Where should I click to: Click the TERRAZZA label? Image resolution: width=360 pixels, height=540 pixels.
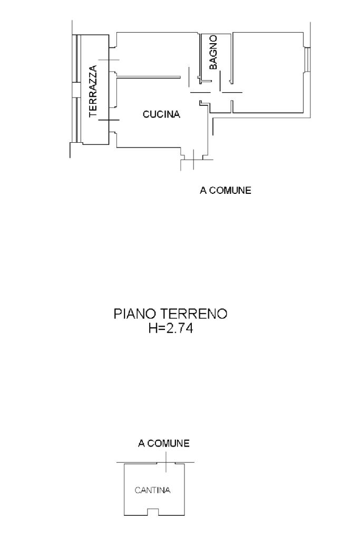pyautogui.click(x=93, y=91)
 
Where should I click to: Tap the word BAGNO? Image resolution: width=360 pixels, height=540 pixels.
pyautogui.click(x=213, y=52)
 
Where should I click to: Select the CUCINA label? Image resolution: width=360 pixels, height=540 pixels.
pyautogui.click(x=162, y=114)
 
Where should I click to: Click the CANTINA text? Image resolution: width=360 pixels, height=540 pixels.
pyautogui.click(x=152, y=490)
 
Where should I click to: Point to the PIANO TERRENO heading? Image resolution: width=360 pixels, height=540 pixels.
pyautogui.click(x=170, y=315)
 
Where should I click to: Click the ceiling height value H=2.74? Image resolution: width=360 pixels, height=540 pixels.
pyautogui.click(x=170, y=330)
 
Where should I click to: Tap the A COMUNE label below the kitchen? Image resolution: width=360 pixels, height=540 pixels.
pyautogui.click(x=225, y=191)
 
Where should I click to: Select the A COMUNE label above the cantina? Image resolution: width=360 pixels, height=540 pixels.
pyautogui.click(x=163, y=444)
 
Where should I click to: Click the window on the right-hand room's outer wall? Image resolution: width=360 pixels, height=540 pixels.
pyautogui.click(x=307, y=60)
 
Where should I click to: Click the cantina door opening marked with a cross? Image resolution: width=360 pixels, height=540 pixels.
pyautogui.click(x=167, y=463)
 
